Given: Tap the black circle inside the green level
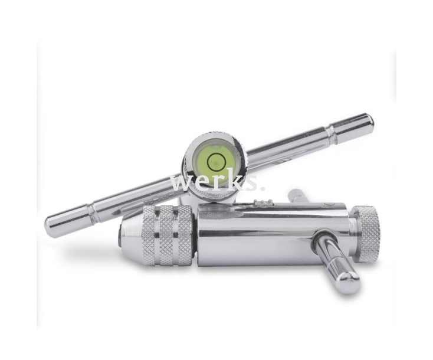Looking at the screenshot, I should [216, 159].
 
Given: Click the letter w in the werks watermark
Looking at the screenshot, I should [181, 182].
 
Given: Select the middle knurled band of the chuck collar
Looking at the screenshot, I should [168, 235].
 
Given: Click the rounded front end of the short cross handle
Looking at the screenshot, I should [348, 284].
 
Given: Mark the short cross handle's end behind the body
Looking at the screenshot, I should [295, 195].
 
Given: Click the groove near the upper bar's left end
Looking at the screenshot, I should [92, 214].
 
